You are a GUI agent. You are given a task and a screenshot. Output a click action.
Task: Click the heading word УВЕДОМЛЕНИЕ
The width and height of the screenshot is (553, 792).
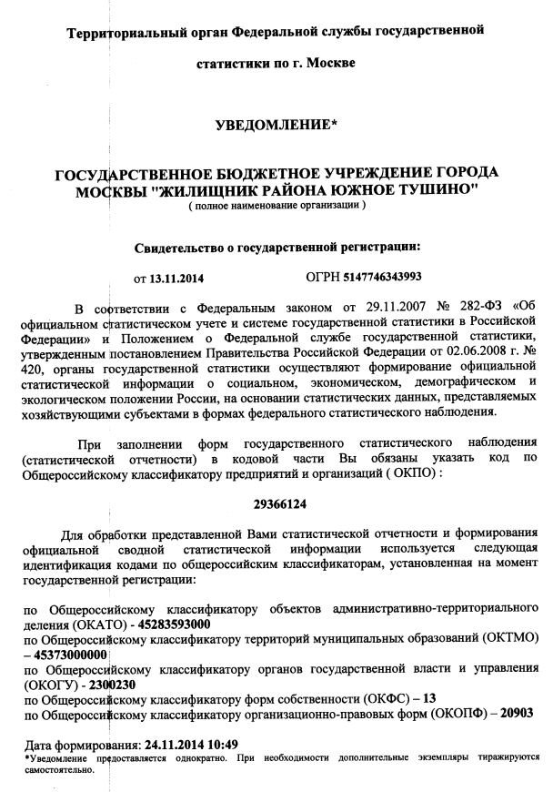pos(275,124)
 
